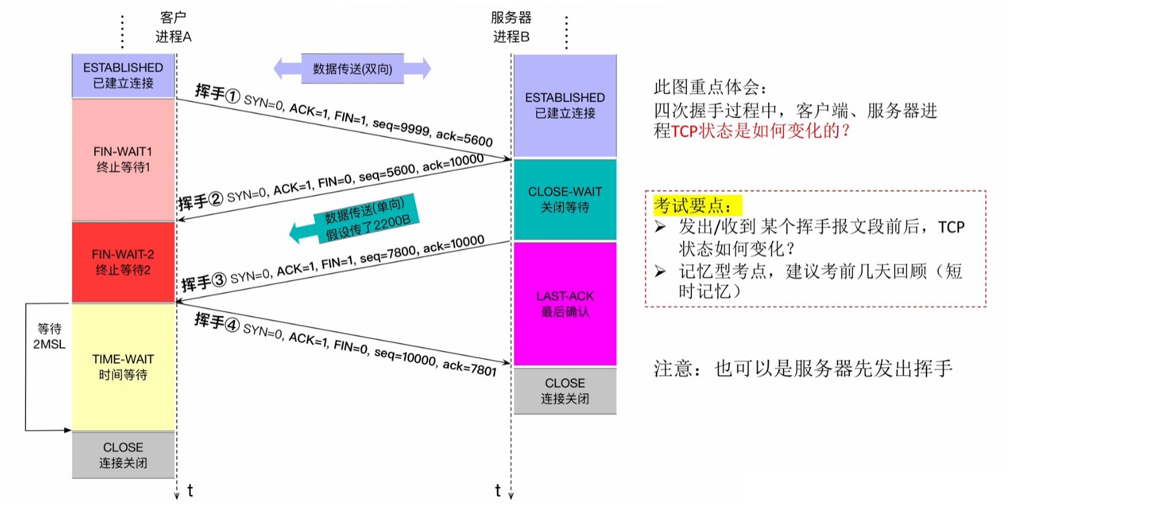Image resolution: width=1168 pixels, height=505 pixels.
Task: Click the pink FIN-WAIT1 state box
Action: point(123,159)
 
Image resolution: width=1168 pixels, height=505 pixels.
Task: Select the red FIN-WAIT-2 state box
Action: point(123,262)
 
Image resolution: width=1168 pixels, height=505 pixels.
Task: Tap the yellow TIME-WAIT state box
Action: point(123,367)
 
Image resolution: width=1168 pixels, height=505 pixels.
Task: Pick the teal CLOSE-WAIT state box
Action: point(565,200)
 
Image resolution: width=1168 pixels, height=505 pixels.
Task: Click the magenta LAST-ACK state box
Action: point(565,304)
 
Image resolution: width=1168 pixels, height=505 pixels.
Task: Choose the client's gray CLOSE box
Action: point(123,455)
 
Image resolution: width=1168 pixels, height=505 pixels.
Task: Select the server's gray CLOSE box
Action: point(565,391)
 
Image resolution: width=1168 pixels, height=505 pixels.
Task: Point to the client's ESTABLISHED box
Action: point(123,75)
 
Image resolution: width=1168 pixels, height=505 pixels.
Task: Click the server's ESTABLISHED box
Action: point(565,105)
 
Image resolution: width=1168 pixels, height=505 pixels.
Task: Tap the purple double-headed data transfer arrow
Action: point(352,69)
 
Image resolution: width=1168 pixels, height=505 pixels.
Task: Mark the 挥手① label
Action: point(217,94)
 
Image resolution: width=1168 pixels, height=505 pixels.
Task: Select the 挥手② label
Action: point(200,201)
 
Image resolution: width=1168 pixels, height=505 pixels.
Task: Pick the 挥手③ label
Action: point(203,282)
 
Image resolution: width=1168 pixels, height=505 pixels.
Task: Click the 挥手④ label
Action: point(216,322)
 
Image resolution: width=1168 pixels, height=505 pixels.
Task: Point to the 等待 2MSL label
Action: point(49,336)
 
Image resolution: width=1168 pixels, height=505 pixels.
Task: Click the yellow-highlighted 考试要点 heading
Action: point(692,206)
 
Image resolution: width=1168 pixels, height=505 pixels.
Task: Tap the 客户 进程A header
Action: point(173,27)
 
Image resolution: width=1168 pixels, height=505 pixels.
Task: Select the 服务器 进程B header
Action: point(511,27)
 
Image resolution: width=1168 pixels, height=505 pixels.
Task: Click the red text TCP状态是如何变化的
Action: point(760,131)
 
